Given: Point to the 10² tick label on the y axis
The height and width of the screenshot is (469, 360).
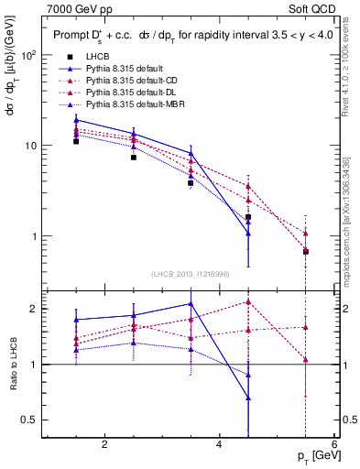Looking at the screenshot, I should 28,55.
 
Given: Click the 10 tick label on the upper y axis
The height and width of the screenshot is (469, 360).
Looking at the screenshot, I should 30,146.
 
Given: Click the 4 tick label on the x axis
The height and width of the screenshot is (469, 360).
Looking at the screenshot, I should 219,445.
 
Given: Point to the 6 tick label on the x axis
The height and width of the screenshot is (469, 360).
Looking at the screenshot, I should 333,445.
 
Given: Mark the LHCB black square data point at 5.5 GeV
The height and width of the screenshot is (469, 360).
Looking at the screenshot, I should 306,252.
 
